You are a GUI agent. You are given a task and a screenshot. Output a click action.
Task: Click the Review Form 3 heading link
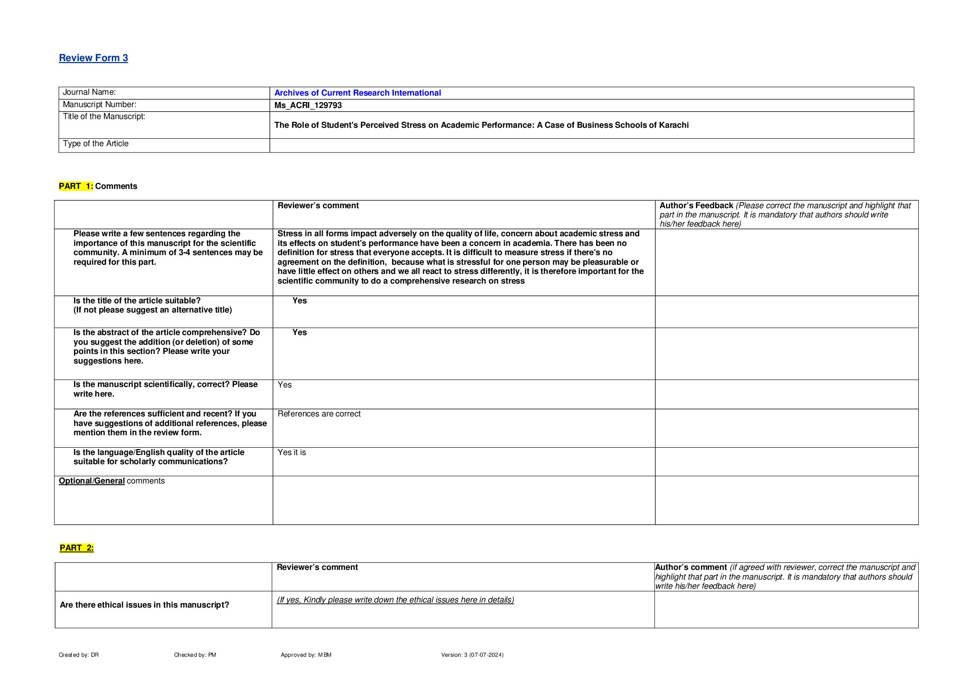(93, 58)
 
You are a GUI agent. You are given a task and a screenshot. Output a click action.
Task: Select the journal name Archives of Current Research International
(357, 93)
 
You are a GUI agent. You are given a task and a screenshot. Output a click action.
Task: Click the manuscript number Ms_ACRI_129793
(308, 105)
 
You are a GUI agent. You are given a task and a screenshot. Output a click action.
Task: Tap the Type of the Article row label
(96, 144)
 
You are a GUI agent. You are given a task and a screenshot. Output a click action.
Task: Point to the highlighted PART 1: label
(76, 186)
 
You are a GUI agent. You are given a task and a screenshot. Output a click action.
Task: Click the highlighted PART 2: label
(77, 548)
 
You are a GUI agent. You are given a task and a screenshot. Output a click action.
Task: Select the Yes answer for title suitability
(299, 301)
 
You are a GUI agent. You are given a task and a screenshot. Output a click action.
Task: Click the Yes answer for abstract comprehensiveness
(299, 332)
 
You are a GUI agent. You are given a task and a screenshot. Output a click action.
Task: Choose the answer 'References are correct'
(319, 414)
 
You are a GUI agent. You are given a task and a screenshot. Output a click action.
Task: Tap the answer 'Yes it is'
(291, 453)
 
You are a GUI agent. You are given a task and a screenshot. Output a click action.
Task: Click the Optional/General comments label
(112, 481)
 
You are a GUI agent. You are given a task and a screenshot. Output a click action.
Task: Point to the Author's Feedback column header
(696, 206)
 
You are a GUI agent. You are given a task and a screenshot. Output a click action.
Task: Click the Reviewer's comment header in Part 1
(318, 206)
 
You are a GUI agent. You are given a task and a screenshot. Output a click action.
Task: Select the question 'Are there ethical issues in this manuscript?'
(144, 605)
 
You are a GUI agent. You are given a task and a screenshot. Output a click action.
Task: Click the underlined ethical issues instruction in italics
(395, 600)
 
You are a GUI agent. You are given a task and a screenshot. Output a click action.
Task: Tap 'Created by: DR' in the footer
(79, 655)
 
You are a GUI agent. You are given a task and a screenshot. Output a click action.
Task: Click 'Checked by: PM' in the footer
(195, 655)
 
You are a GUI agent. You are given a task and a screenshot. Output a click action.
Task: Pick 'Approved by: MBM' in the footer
(306, 655)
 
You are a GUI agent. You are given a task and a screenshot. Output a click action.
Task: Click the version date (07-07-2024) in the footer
(486, 655)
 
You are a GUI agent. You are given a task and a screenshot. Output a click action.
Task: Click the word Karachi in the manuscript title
(673, 125)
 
